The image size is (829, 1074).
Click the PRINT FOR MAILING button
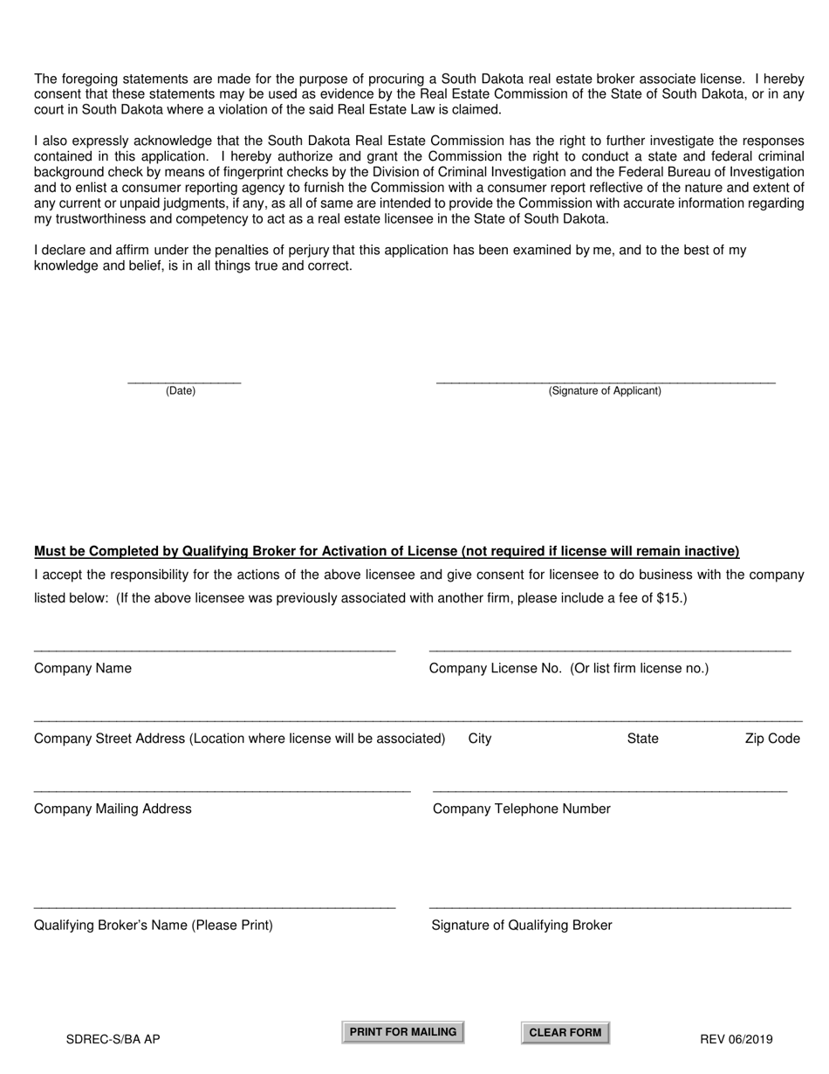pos(402,1032)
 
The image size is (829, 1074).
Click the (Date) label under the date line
pos(181,391)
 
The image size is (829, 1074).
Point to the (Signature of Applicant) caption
pos(605,391)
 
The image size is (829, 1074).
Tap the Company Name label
pos(83,668)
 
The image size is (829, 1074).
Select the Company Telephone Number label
pos(522,809)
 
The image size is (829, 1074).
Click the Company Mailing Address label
pos(113,809)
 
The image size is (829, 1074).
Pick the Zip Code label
pos(772,739)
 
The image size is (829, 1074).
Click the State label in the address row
pos(642,739)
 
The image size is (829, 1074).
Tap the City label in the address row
pos(480,739)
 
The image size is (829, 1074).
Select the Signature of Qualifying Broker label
pos(522,926)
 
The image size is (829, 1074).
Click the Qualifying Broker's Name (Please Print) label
pos(154,926)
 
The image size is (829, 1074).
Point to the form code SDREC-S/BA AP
pos(113,1039)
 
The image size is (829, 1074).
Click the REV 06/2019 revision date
pos(736,1039)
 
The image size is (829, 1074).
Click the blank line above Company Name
pos(215,650)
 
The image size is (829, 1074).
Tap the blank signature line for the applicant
pos(605,382)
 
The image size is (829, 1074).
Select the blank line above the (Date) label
pos(184,382)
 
